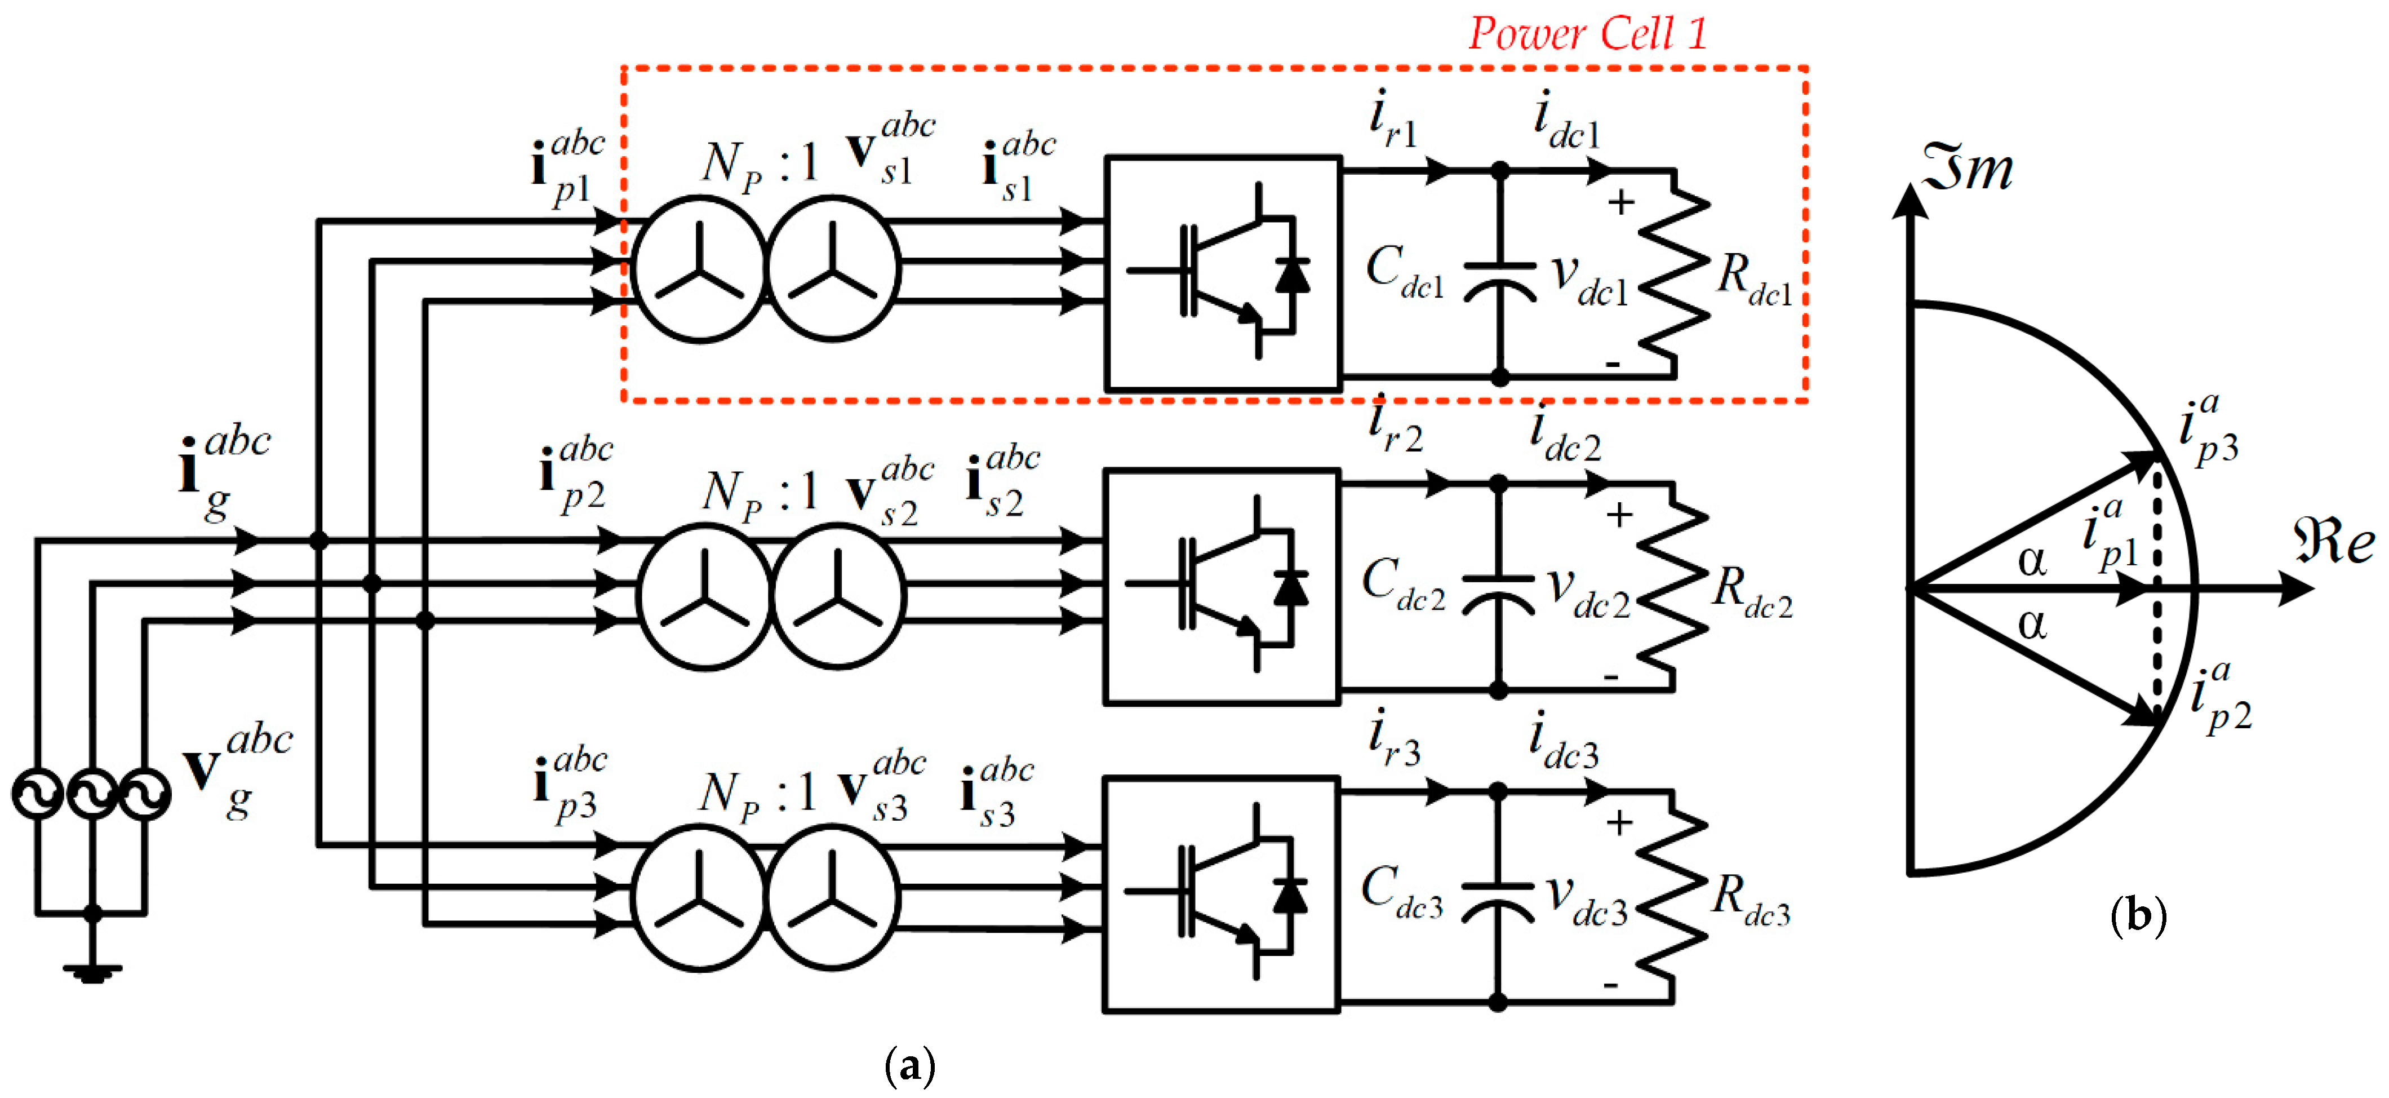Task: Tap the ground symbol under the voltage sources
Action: (92, 972)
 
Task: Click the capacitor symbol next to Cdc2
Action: (1498, 594)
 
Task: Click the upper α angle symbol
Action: (2031, 560)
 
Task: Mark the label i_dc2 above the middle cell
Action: (1565, 434)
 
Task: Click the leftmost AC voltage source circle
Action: (37, 795)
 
